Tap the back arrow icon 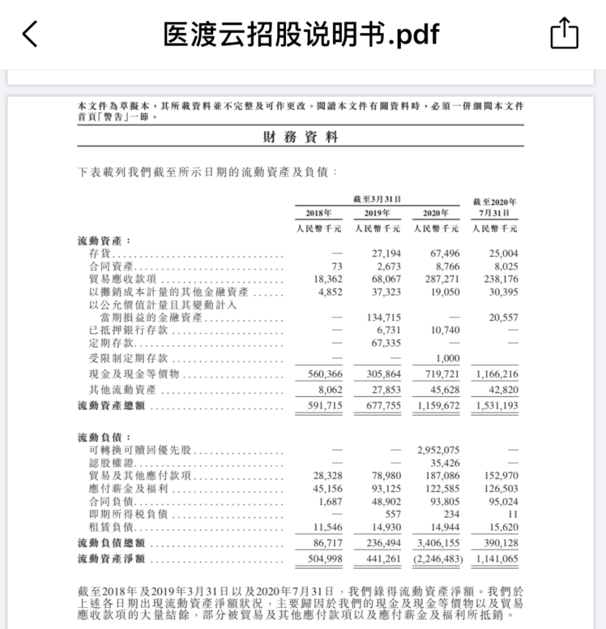click(x=30, y=34)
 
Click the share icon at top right click(x=564, y=34)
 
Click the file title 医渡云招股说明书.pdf click(x=301, y=34)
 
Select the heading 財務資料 click(x=300, y=138)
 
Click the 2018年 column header click(x=319, y=213)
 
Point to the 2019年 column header click(x=377, y=213)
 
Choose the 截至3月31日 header click(x=377, y=199)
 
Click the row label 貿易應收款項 click(x=123, y=279)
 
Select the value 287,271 click(x=442, y=279)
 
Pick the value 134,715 click(x=384, y=318)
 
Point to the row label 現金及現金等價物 click(x=134, y=375)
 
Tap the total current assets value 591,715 click(x=325, y=406)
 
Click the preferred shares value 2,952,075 click(x=438, y=451)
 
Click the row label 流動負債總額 click(x=111, y=543)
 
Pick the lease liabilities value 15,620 click(x=501, y=528)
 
